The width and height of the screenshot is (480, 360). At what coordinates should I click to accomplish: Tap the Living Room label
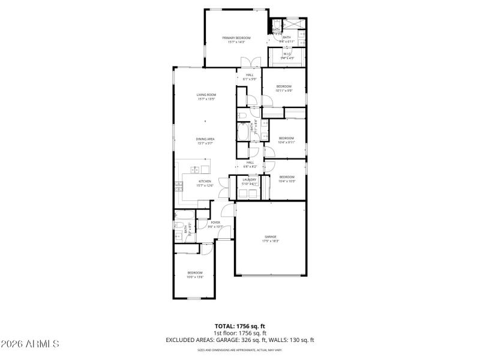pos(206,97)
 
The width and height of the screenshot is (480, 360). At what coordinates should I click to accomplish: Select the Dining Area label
pos(205,141)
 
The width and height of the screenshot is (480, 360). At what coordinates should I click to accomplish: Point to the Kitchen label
pos(205,183)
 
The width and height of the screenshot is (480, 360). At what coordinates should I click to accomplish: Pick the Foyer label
pos(215,224)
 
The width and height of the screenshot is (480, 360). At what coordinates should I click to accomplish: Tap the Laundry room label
pos(249,181)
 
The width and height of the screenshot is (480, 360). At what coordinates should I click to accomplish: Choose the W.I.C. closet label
pos(287,56)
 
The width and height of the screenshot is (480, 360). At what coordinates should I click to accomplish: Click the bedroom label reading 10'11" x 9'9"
pos(284,89)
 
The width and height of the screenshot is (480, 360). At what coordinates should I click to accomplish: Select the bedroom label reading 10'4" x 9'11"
pos(287,140)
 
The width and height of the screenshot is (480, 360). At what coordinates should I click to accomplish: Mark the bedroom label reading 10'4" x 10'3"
pos(287,179)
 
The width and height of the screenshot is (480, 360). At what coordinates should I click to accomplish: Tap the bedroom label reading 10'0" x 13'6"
pos(194,275)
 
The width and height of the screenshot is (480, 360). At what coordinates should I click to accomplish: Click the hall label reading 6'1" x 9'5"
pos(249,77)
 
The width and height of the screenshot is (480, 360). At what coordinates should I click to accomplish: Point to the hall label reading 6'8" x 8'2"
pos(250,164)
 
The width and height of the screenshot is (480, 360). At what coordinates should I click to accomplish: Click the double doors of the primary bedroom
pos(250,62)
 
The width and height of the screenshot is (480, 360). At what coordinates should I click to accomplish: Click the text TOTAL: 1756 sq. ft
pos(240,326)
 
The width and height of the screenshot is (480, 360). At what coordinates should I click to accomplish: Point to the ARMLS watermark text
pos(30,344)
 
